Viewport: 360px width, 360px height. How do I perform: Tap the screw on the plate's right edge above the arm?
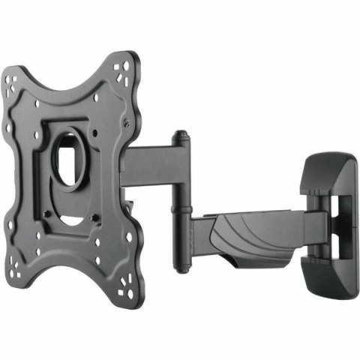tap(127, 122)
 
